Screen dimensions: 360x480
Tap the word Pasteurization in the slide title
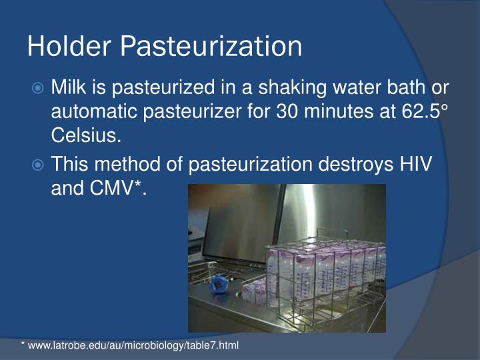click(x=211, y=47)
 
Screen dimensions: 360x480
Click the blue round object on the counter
click(x=220, y=284)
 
